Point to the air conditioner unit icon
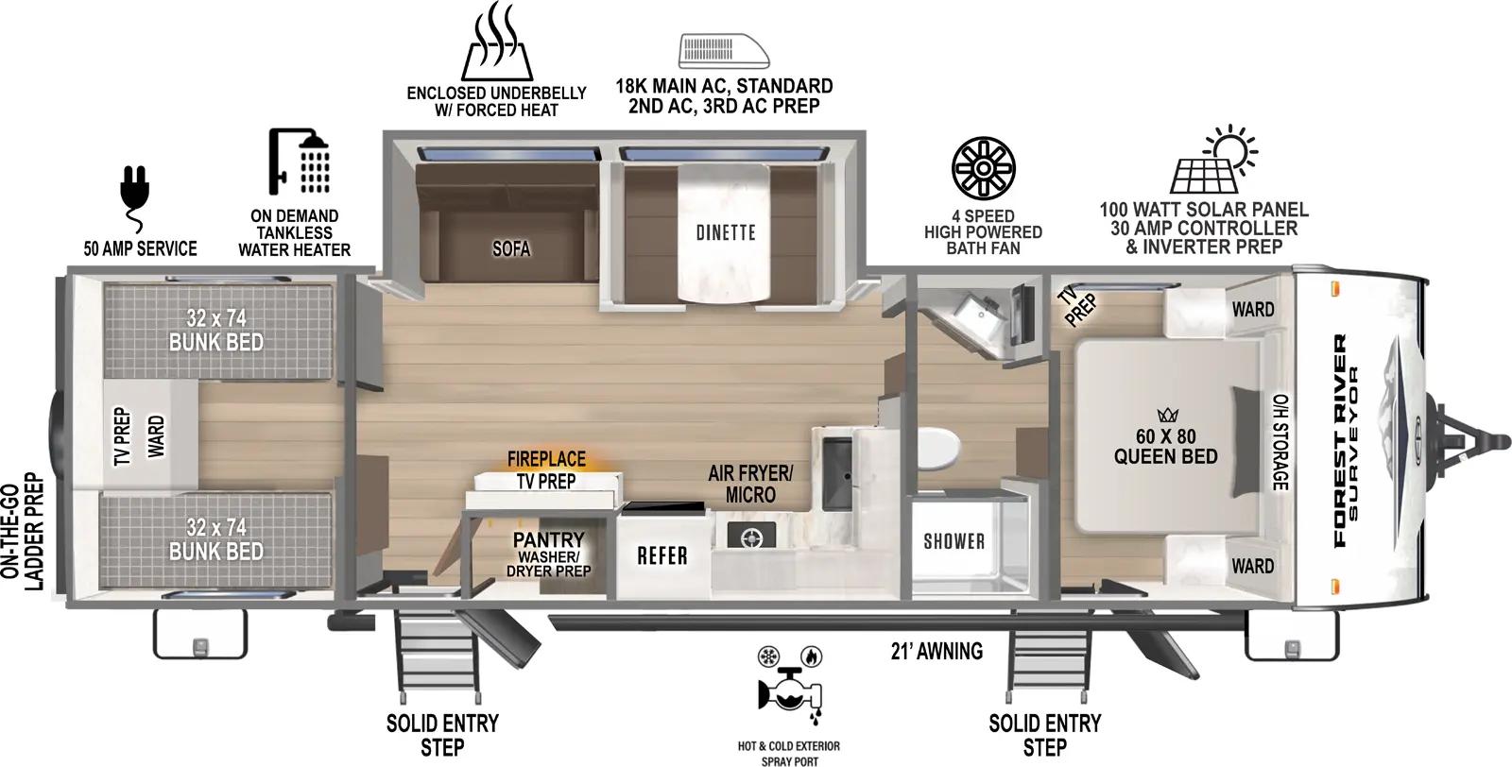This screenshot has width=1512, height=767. [724, 49]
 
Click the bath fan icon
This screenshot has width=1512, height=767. [983, 168]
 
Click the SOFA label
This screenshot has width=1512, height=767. [511, 248]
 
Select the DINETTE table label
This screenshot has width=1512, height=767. [726, 232]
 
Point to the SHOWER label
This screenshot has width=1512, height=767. [954, 541]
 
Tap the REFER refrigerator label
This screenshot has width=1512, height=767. [661, 554]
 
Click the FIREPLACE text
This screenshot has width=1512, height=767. [546, 459]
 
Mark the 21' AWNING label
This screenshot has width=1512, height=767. [936, 651]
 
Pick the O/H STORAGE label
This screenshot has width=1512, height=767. [1280, 441]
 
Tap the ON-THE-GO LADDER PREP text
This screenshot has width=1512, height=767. [25, 531]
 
